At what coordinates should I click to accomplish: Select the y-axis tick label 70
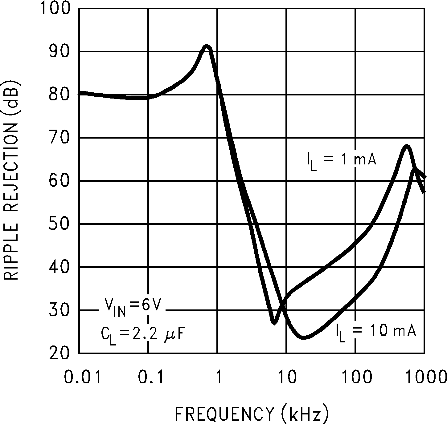click(x=61, y=138)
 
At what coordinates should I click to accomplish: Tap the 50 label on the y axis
click(x=61, y=224)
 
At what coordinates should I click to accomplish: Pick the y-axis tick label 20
click(x=61, y=353)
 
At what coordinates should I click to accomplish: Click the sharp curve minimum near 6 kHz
click(x=274, y=322)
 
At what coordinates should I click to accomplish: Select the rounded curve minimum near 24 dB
click(x=304, y=337)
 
